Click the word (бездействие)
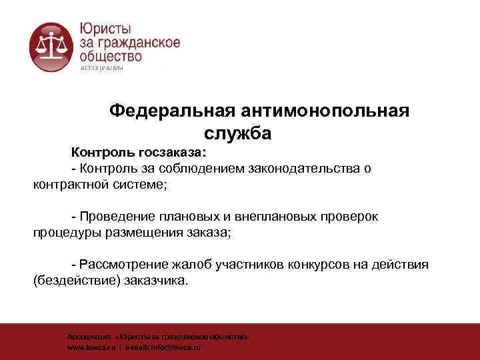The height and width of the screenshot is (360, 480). pyautogui.click(x=76, y=281)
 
